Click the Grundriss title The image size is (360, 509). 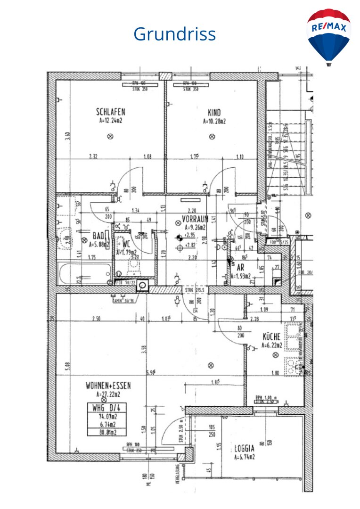174,34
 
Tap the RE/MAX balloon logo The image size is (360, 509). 329,36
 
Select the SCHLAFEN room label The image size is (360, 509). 110,112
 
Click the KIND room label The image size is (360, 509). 214,113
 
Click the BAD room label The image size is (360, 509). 98,236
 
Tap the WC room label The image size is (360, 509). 127,244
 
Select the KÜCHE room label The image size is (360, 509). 272,337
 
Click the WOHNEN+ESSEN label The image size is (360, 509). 108,386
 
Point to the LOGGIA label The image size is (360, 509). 245,449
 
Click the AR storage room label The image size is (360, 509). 240,267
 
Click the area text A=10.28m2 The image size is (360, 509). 214,121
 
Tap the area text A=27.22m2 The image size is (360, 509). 108,394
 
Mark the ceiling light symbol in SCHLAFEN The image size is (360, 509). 110,137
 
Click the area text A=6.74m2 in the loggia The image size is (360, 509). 245,457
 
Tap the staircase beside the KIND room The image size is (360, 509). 285,156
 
